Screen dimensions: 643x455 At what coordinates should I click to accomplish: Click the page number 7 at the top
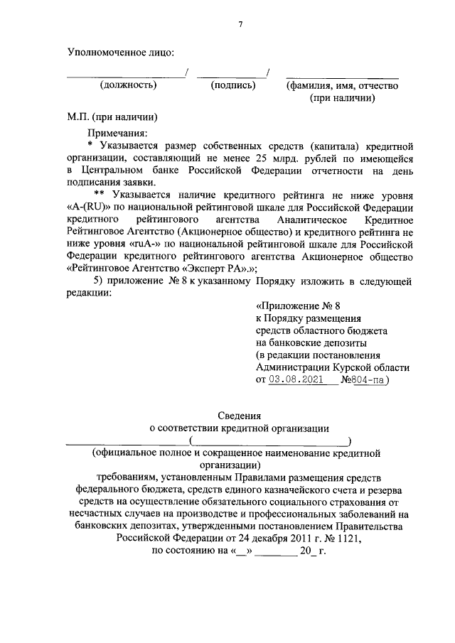click(241, 24)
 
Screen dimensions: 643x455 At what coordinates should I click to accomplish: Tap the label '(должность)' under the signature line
click(128, 85)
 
